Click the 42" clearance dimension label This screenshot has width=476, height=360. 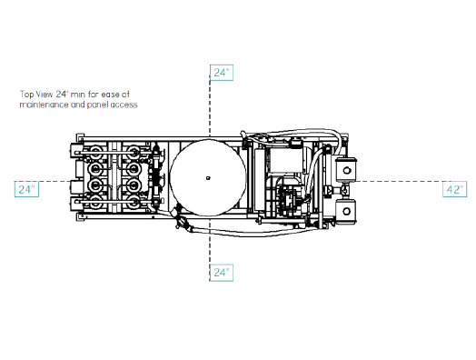click(x=454, y=189)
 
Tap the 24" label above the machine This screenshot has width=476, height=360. click(x=222, y=73)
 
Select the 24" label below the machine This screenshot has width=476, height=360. click(x=222, y=273)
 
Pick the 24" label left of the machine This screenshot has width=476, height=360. click(x=26, y=189)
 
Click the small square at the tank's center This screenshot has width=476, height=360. click(x=208, y=178)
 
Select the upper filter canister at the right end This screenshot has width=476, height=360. click(x=346, y=169)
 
